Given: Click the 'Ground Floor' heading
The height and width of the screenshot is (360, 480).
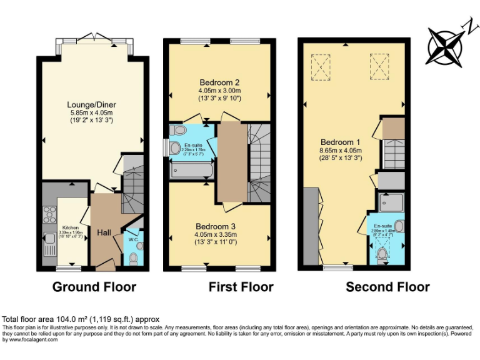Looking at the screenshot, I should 94,287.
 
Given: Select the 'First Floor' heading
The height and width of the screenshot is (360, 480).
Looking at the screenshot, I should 241,287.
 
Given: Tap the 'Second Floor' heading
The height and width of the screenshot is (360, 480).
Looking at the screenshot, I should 387,287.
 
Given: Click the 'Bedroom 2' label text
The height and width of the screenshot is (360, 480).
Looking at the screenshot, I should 219,82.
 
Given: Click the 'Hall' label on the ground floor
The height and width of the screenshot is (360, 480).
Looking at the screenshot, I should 104,232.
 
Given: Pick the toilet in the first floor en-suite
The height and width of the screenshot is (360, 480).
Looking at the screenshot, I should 179,131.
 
